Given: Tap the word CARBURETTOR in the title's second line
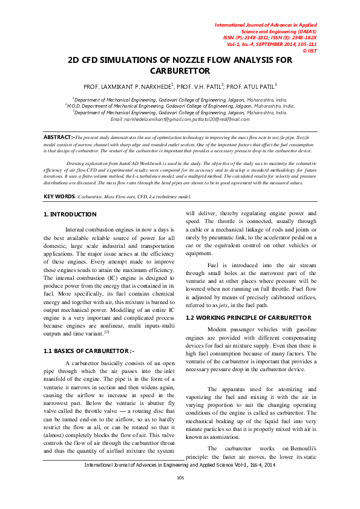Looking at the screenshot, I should (180, 71).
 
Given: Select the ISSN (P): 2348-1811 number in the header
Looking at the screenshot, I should (246, 37).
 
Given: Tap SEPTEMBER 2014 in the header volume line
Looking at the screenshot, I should (267, 44).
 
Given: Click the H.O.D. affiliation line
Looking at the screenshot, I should (180, 105).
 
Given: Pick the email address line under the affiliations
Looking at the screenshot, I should (180, 119).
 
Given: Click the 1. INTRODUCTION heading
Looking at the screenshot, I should (70, 215).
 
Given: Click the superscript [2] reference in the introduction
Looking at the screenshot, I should (107, 331).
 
